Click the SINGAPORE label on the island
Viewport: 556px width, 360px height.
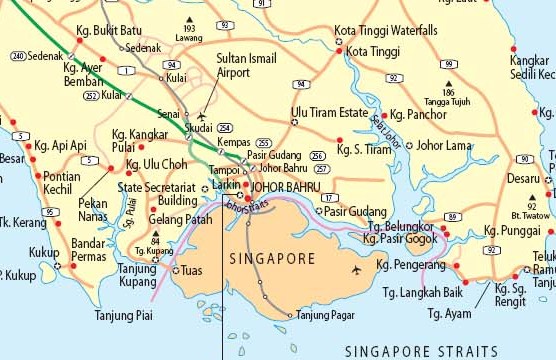tap(272, 258)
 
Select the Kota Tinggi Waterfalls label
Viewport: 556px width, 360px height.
tap(386, 31)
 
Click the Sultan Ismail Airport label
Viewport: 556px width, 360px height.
tap(245, 66)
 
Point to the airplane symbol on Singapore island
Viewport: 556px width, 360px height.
tap(357, 270)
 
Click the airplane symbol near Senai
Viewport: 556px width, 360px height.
tap(205, 116)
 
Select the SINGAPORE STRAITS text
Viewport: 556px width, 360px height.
tap(420, 350)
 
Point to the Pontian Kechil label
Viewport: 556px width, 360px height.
tap(62, 183)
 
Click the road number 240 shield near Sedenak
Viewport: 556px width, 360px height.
tap(18, 56)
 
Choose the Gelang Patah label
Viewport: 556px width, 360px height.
tap(179, 219)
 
